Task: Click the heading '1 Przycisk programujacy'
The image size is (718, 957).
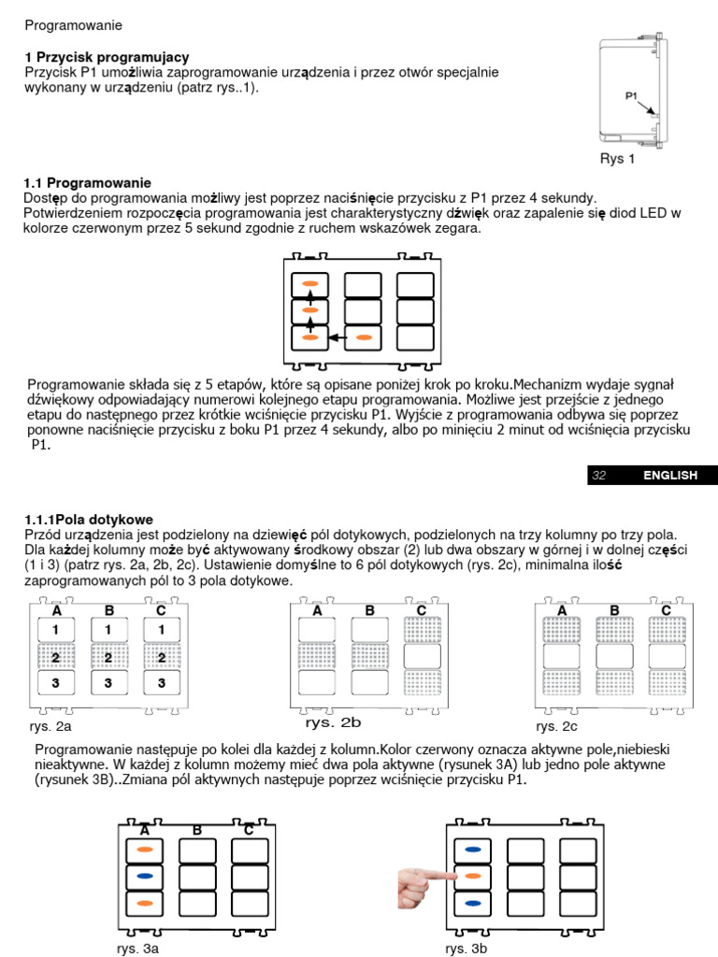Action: [x=107, y=57]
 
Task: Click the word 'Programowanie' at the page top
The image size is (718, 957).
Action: [x=73, y=24]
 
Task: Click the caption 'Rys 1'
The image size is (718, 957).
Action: [x=617, y=159]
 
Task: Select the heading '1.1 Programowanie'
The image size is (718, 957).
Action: [x=88, y=182]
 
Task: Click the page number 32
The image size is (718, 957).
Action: [x=599, y=476]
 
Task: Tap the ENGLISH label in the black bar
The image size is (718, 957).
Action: [x=669, y=476]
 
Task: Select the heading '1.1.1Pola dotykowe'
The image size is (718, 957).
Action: [x=89, y=519]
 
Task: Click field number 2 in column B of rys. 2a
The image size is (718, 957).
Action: [x=108, y=658]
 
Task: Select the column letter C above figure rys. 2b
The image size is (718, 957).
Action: [x=421, y=610]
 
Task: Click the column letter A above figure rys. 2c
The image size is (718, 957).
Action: [x=562, y=610]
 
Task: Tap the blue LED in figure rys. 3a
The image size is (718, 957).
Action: [x=144, y=877]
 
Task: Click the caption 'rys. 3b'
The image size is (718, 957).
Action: [x=467, y=948]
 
